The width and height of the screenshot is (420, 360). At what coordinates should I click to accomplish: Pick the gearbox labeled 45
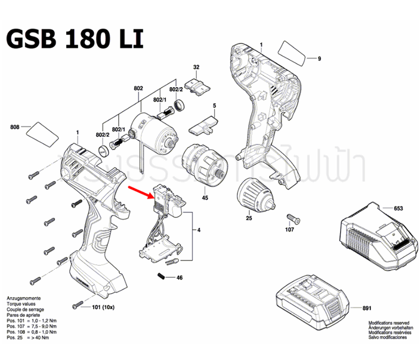tap(203, 165)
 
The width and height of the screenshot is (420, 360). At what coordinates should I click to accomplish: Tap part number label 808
tap(16, 127)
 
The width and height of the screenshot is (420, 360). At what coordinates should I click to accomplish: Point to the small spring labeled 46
tap(161, 275)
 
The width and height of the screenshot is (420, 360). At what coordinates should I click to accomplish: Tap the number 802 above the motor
tap(138, 88)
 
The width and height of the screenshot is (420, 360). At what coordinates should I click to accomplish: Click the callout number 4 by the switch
tap(198, 229)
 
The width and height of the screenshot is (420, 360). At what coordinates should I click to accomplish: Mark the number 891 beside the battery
tap(366, 308)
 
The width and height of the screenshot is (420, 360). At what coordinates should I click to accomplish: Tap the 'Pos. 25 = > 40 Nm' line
tap(28, 337)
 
